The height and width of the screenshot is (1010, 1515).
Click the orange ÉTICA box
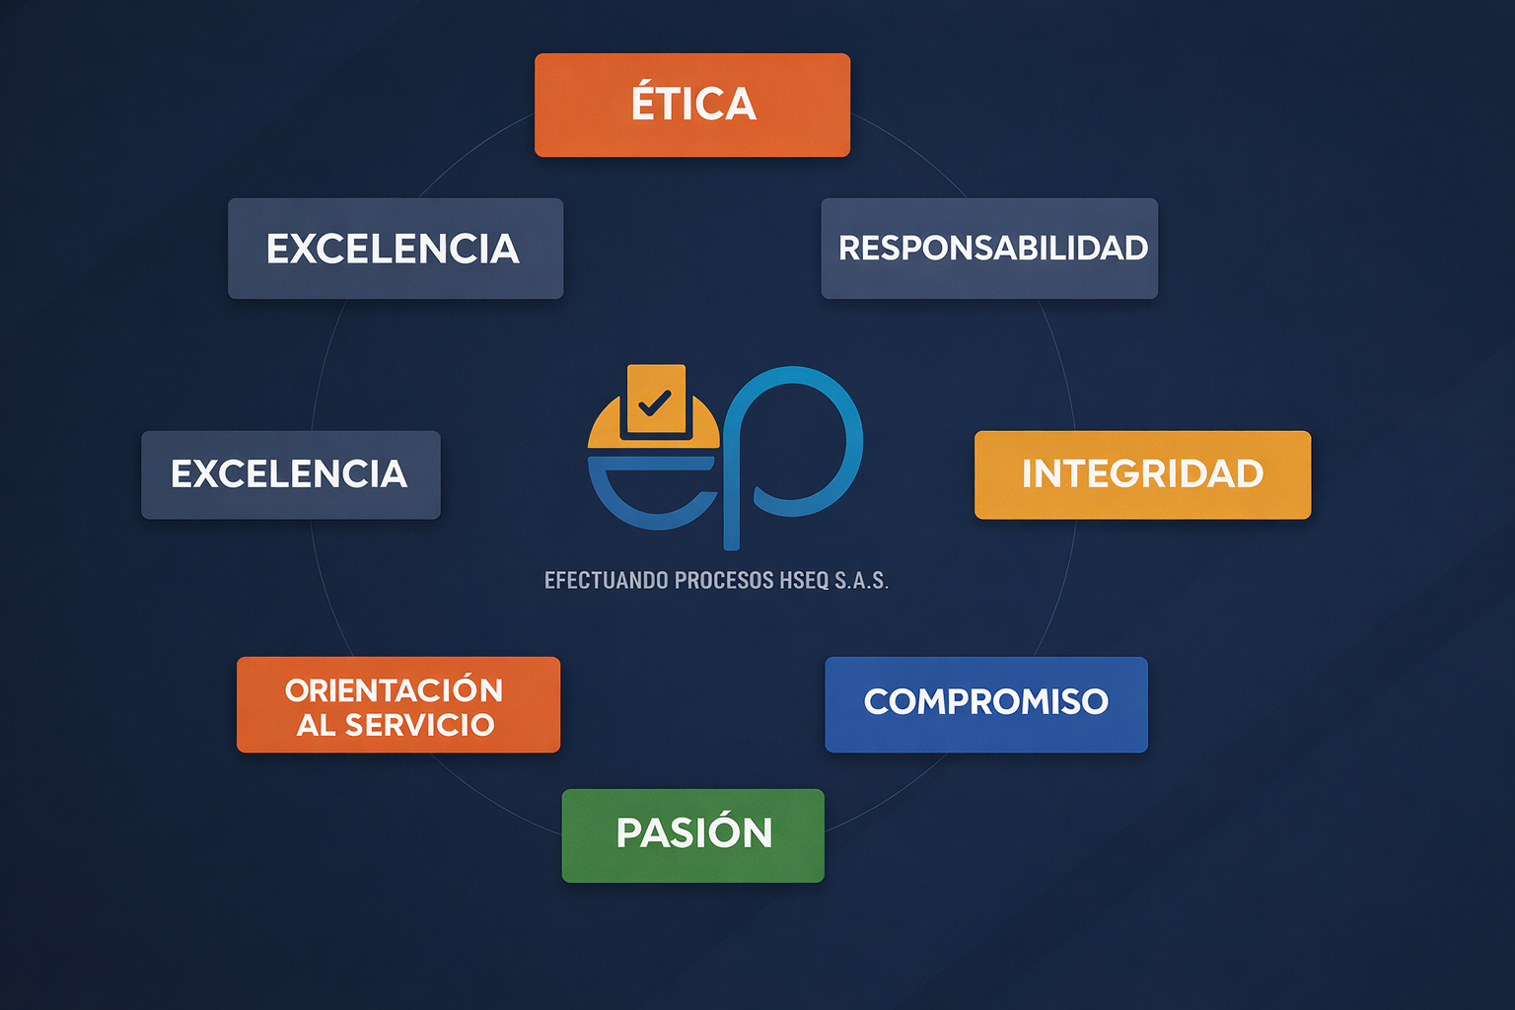(x=692, y=105)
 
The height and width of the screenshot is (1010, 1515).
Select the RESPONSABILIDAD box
(x=989, y=249)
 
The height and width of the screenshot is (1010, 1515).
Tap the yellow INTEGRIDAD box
(x=1142, y=474)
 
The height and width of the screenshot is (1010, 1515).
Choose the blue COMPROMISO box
(x=986, y=704)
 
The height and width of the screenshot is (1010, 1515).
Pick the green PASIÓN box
(x=692, y=835)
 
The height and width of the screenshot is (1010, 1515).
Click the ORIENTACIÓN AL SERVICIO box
(x=398, y=704)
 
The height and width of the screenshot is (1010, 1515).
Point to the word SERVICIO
(x=419, y=725)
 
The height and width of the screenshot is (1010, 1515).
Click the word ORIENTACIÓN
(x=395, y=689)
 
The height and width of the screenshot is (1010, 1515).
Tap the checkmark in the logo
(x=655, y=402)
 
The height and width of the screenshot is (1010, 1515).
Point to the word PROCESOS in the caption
(x=724, y=580)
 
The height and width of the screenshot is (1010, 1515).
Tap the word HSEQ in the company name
(x=805, y=580)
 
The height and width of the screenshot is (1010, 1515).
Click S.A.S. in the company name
(x=861, y=580)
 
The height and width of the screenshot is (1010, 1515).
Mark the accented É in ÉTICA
(x=643, y=103)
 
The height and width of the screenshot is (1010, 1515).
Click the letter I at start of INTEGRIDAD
(x=1028, y=474)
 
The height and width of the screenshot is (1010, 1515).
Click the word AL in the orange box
(x=316, y=725)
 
